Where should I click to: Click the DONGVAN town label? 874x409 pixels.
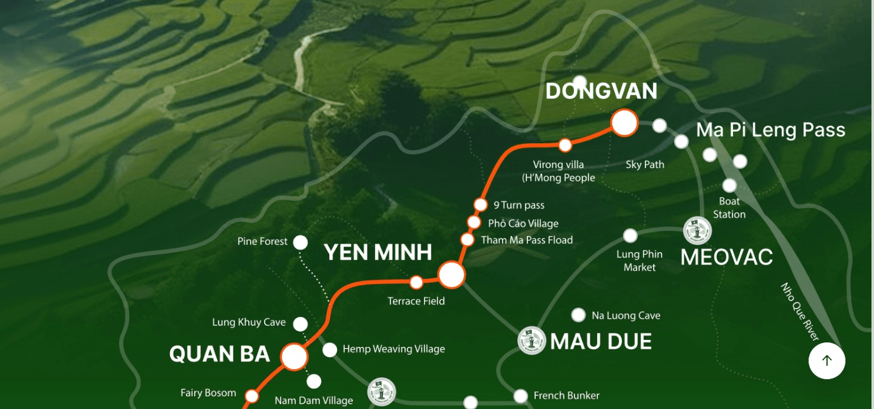[x=601, y=92]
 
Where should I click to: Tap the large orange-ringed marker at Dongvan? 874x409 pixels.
[x=624, y=123]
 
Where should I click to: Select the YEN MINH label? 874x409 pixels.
[x=378, y=252]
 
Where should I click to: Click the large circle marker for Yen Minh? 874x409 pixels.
[x=451, y=275]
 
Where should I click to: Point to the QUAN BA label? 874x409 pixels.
[x=220, y=354]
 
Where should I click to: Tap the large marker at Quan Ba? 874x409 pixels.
[x=294, y=357]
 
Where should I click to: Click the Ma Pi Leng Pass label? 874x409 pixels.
[x=771, y=130]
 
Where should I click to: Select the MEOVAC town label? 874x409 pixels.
[x=726, y=257]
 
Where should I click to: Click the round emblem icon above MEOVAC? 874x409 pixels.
[x=696, y=230]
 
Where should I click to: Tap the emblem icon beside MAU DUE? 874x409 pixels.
[x=531, y=341]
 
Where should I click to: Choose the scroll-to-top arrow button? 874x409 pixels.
[x=826, y=360]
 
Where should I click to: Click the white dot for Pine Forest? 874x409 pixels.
[x=300, y=242]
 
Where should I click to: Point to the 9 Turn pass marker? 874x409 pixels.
[x=480, y=204]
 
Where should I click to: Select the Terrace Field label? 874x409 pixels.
[x=416, y=301]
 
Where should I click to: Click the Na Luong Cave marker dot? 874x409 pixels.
[x=578, y=315]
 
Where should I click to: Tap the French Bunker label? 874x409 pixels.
[x=566, y=396]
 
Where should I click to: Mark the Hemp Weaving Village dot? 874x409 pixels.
[x=329, y=349]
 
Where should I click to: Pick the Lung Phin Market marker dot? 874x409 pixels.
[x=630, y=236]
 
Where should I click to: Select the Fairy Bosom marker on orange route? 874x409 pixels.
[x=252, y=396]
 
